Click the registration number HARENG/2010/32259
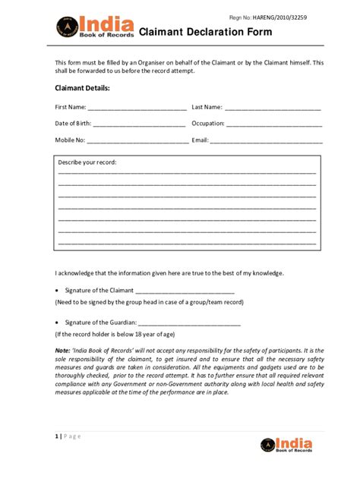click(x=297, y=17)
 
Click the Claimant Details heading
click(x=82, y=89)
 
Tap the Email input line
click(x=267, y=141)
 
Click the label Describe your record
click(x=88, y=162)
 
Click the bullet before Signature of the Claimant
click(x=58, y=291)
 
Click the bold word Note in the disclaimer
click(x=62, y=350)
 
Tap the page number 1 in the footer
click(x=56, y=436)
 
